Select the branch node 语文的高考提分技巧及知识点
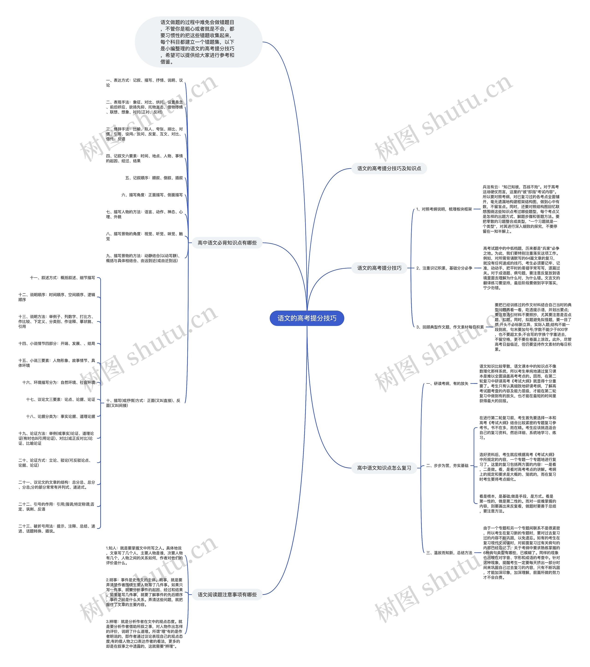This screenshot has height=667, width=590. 389,168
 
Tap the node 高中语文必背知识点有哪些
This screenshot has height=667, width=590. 227,243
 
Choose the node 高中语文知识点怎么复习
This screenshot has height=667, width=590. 384,468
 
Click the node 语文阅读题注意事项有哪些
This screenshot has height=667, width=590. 227,595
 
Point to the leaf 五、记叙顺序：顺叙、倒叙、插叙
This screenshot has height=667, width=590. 154,178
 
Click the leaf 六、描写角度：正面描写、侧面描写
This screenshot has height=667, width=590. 152,195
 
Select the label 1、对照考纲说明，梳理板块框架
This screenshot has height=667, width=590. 444,209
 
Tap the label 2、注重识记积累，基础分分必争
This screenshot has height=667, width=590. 444,268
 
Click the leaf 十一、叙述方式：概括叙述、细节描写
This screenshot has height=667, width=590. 62,278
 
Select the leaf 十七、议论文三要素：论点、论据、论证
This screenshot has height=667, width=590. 61,399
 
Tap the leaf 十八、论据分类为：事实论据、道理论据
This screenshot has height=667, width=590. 61,416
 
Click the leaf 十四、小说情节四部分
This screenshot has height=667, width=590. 57,344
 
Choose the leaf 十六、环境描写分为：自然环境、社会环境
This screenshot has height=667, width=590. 59,382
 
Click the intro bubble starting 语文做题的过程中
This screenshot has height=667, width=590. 198,42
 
